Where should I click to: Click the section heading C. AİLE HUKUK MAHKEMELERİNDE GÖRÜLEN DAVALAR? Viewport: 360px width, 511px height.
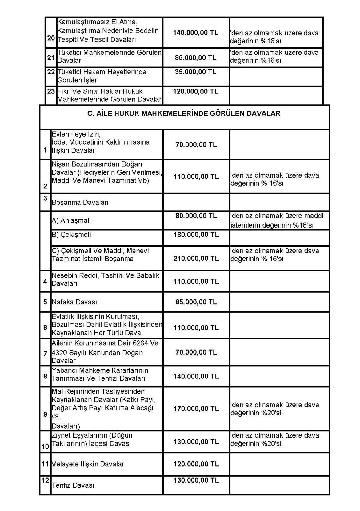[184, 113]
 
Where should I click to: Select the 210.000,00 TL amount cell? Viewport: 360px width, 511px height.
[196, 258]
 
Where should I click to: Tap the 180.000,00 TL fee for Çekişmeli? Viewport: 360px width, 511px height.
[196, 235]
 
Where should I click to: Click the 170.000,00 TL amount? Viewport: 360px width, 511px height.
[196, 409]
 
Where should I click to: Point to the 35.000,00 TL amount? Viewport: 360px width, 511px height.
[196, 72]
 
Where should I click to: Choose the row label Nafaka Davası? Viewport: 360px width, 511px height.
[74, 302]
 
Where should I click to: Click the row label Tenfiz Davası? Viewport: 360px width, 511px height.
[73, 485]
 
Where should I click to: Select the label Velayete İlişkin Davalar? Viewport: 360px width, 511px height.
[88, 464]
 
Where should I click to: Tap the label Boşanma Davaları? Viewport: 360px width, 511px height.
[80, 203]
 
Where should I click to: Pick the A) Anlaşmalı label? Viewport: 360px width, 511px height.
[71, 220]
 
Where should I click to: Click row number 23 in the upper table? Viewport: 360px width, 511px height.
[51, 91]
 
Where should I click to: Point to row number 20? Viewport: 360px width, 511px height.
[51, 38]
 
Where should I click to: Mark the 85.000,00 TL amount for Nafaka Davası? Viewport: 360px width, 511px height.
[196, 302]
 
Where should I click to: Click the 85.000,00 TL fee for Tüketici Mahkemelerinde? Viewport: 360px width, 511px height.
[196, 57]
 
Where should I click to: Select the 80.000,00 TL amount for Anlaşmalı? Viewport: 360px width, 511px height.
[196, 216]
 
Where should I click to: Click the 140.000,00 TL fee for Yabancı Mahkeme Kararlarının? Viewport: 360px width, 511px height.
[196, 376]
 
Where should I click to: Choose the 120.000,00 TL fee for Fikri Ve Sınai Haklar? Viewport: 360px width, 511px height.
[196, 91]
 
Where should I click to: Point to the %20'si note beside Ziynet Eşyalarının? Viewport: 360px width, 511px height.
[274, 439]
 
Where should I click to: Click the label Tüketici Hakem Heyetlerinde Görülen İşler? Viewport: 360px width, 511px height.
[102, 76]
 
